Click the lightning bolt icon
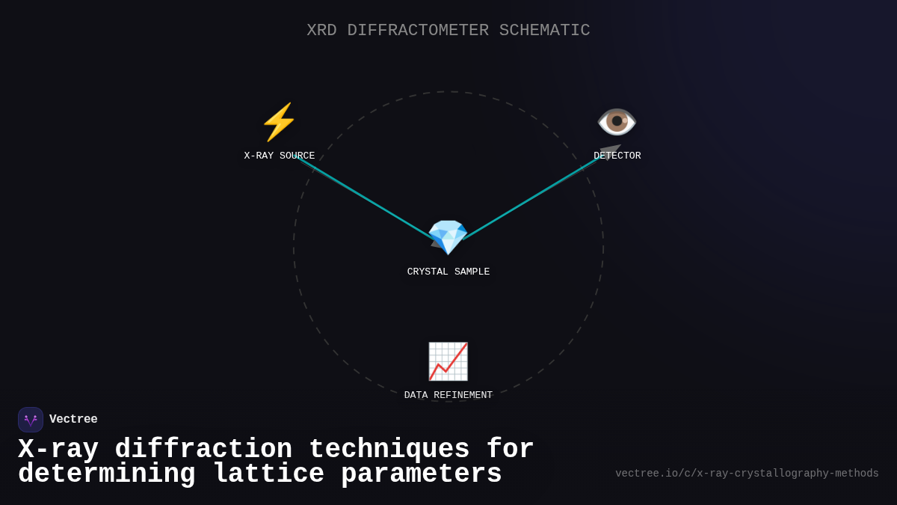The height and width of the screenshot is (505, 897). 279,122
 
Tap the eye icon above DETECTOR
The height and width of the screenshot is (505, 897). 617,121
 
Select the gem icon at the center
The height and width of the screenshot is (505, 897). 448,237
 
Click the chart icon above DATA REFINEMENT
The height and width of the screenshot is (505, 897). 448,361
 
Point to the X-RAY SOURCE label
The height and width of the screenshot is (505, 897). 279,156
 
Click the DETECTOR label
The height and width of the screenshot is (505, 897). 617,156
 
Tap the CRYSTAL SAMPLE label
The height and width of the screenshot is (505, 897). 449,272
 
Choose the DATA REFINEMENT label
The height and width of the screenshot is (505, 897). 449,396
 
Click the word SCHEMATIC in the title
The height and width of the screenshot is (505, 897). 544,31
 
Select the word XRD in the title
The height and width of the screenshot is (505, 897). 321,31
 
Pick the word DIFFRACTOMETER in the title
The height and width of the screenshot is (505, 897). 418,31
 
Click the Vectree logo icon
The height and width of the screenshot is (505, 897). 31,420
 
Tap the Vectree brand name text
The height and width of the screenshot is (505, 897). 73,420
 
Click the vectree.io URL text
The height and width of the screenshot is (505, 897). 747,474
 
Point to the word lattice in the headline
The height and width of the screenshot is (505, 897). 268,474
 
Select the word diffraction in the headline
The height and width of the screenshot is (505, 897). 203,450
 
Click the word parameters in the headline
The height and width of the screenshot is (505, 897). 422,474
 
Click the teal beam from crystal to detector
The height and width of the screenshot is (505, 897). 531,198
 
